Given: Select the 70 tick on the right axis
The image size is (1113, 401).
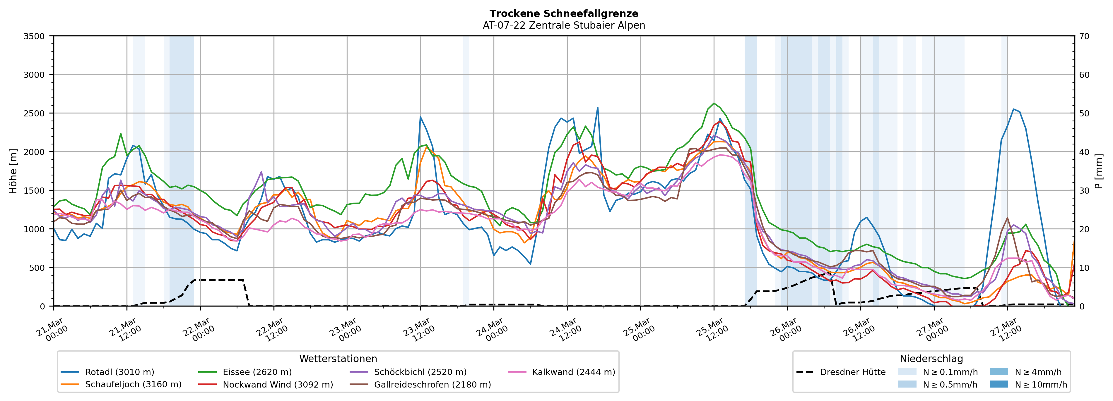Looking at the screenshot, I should [x=1084, y=36].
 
